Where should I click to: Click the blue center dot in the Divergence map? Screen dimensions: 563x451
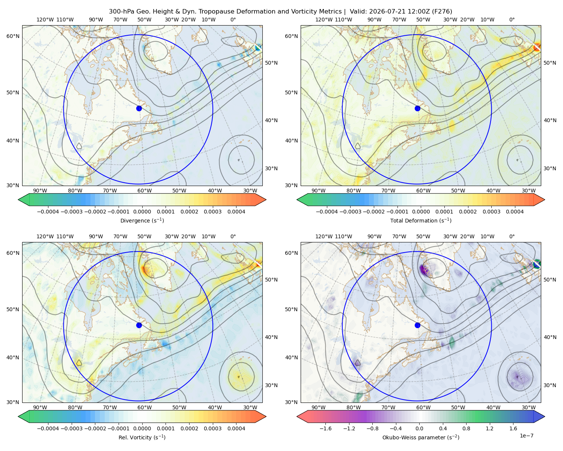139,109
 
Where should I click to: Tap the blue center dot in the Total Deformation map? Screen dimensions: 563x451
417,109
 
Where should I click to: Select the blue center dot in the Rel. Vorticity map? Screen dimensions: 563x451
139,325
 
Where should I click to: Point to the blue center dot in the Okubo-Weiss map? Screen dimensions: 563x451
417,325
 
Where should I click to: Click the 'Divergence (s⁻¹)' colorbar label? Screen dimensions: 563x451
142,221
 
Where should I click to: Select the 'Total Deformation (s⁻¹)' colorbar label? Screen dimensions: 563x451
421,221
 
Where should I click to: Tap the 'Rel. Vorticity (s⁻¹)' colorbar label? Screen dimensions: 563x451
142,437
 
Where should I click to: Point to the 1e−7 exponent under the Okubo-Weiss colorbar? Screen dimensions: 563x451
526,436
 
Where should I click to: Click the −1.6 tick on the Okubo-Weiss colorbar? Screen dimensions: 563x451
326,428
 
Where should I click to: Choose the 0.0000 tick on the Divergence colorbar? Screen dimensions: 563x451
142,212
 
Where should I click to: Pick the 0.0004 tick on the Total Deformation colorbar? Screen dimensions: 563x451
515,212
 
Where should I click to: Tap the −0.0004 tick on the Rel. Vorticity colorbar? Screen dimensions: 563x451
48,428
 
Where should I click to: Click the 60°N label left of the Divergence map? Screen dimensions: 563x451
13,36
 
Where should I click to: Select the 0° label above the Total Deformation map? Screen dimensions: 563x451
512,20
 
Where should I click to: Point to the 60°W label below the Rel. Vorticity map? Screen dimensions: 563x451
145,407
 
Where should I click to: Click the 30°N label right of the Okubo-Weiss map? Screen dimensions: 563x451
549,385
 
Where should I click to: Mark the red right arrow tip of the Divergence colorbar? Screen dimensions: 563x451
266,200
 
